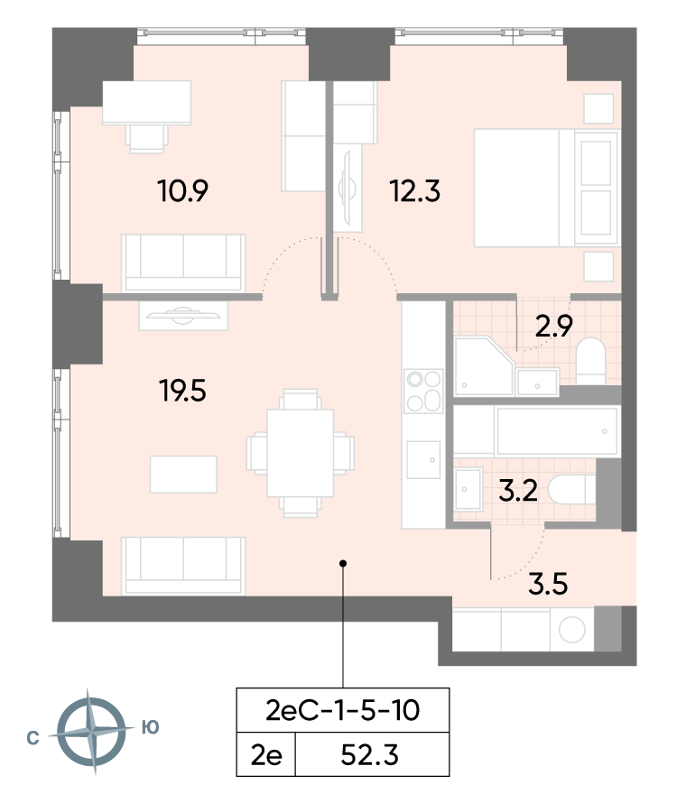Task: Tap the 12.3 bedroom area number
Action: tap(414, 191)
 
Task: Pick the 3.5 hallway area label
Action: tap(548, 587)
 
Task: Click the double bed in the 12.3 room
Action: tap(546, 188)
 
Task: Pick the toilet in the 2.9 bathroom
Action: tap(592, 360)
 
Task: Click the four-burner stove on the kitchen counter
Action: tap(423, 391)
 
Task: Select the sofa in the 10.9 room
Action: tap(183, 261)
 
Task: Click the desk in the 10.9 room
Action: tap(147, 103)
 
